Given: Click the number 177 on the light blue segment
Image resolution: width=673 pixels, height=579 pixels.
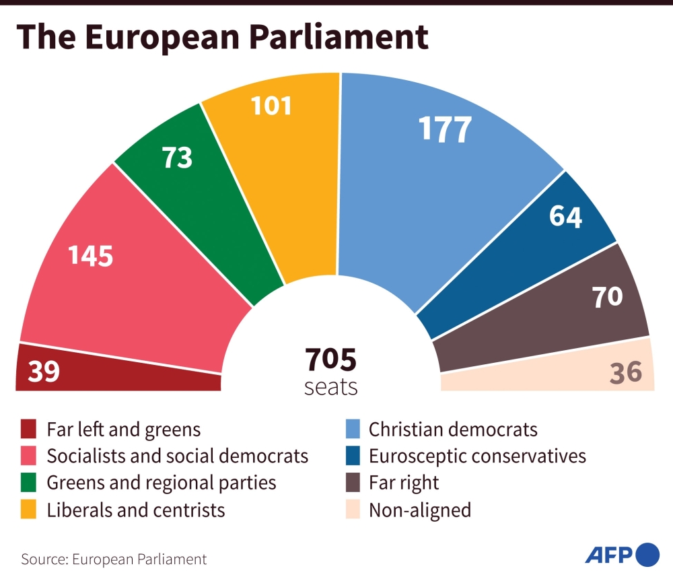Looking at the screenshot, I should [445, 130].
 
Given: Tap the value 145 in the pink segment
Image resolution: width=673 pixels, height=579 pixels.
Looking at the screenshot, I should [91, 256].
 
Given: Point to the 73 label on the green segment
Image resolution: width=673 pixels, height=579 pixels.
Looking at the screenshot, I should [177, 158].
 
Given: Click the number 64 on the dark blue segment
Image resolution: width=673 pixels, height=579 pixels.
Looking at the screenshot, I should [565, 217].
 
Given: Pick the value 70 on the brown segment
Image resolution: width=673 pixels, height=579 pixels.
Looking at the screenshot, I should [607, 296].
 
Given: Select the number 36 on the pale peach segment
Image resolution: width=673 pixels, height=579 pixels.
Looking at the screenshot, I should [626, 372].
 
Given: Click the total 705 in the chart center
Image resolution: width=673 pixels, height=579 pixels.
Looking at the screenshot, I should [330, 360].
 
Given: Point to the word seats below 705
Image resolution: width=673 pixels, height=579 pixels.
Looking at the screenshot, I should [330, 388].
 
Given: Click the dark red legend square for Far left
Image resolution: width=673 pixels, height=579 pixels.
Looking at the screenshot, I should [28, 429].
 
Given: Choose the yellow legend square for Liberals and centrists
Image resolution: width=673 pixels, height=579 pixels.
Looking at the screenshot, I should [28, 510].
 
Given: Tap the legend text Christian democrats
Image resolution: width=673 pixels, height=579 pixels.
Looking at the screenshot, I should [453, 429].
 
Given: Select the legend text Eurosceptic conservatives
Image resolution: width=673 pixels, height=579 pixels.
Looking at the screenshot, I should [477, 456].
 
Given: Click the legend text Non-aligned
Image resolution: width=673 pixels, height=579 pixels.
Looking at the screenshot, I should [420, 510].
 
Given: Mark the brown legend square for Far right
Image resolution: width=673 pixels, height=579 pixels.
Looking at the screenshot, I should [351, 483].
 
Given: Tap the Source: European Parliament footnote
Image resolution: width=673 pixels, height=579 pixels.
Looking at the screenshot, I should [114, 559].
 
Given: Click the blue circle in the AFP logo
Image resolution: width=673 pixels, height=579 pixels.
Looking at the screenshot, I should [647, 555].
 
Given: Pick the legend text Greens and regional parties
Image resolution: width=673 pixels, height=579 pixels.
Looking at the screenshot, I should [162, 483].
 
